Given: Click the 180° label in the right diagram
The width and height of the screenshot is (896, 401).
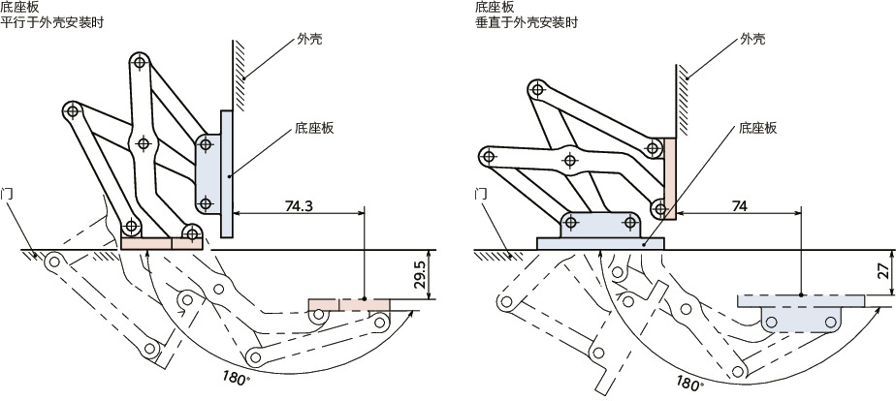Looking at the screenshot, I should (689, 382).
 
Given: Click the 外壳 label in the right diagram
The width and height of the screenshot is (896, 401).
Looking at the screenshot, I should (752, 39).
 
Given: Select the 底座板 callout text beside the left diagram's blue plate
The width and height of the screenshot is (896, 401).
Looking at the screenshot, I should (313, 128).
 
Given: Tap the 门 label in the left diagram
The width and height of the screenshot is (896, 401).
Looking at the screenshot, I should (8, 194).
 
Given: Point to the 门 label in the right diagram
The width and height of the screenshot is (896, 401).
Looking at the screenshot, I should (481, 194).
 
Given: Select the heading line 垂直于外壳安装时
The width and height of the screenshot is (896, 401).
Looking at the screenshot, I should (525, 22).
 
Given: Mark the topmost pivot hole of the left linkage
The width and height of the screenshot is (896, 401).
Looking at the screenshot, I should (141, 63).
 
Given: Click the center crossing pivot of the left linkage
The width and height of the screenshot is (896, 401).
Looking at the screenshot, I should (144, 143).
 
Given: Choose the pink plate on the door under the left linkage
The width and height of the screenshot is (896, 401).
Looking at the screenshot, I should (161, 242).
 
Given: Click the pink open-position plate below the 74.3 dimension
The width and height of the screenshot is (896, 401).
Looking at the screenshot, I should (349, 305).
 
